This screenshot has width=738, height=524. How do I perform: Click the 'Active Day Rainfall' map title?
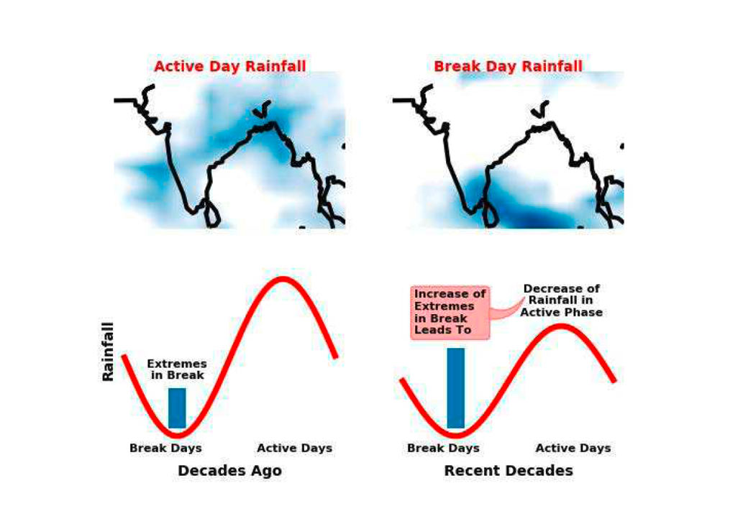(230, 66)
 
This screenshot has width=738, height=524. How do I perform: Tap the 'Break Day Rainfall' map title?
(508, 66)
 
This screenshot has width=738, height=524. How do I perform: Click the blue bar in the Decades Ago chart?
(177, 408)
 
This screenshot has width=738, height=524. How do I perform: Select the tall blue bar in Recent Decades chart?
(455, 388)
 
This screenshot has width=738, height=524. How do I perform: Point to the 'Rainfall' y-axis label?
(108, 351)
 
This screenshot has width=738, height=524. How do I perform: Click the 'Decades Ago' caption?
(229, 470)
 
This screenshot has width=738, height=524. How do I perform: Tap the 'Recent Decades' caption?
(509, 470)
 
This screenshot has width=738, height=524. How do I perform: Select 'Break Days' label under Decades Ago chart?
(165, 449)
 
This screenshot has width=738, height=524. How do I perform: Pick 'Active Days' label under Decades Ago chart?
(295, 449)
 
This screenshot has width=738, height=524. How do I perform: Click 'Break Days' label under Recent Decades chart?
(443, 449)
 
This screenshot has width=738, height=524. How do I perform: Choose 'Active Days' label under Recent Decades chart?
(573, 449)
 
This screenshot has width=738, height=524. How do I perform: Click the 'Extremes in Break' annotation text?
(177, 369)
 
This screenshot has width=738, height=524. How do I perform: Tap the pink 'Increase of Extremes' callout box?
(450, 313)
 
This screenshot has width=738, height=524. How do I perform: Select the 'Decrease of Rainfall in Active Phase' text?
(562, 300)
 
